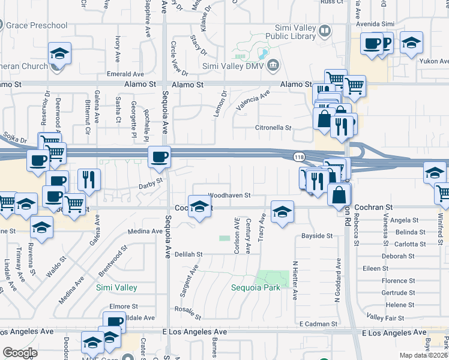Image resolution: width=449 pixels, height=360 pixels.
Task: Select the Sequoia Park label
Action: coord(256,287)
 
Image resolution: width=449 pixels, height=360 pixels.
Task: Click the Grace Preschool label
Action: coord(37,25)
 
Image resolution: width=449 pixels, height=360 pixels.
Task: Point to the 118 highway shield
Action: coord(299,157)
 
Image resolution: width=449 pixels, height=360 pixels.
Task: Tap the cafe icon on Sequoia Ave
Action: coord(159,157)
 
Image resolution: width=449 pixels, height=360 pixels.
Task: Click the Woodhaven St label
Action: coord(229,196)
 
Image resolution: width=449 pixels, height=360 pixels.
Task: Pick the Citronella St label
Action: coord(273,128)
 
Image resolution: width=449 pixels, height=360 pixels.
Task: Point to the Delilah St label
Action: coord(188,254)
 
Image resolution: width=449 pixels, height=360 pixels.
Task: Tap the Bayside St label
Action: coord(317,236)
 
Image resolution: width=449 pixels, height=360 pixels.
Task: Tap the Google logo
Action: coord(20,353)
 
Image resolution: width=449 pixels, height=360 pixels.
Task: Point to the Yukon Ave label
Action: coord(435,61)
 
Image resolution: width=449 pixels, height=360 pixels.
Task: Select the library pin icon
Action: coord(324,30)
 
